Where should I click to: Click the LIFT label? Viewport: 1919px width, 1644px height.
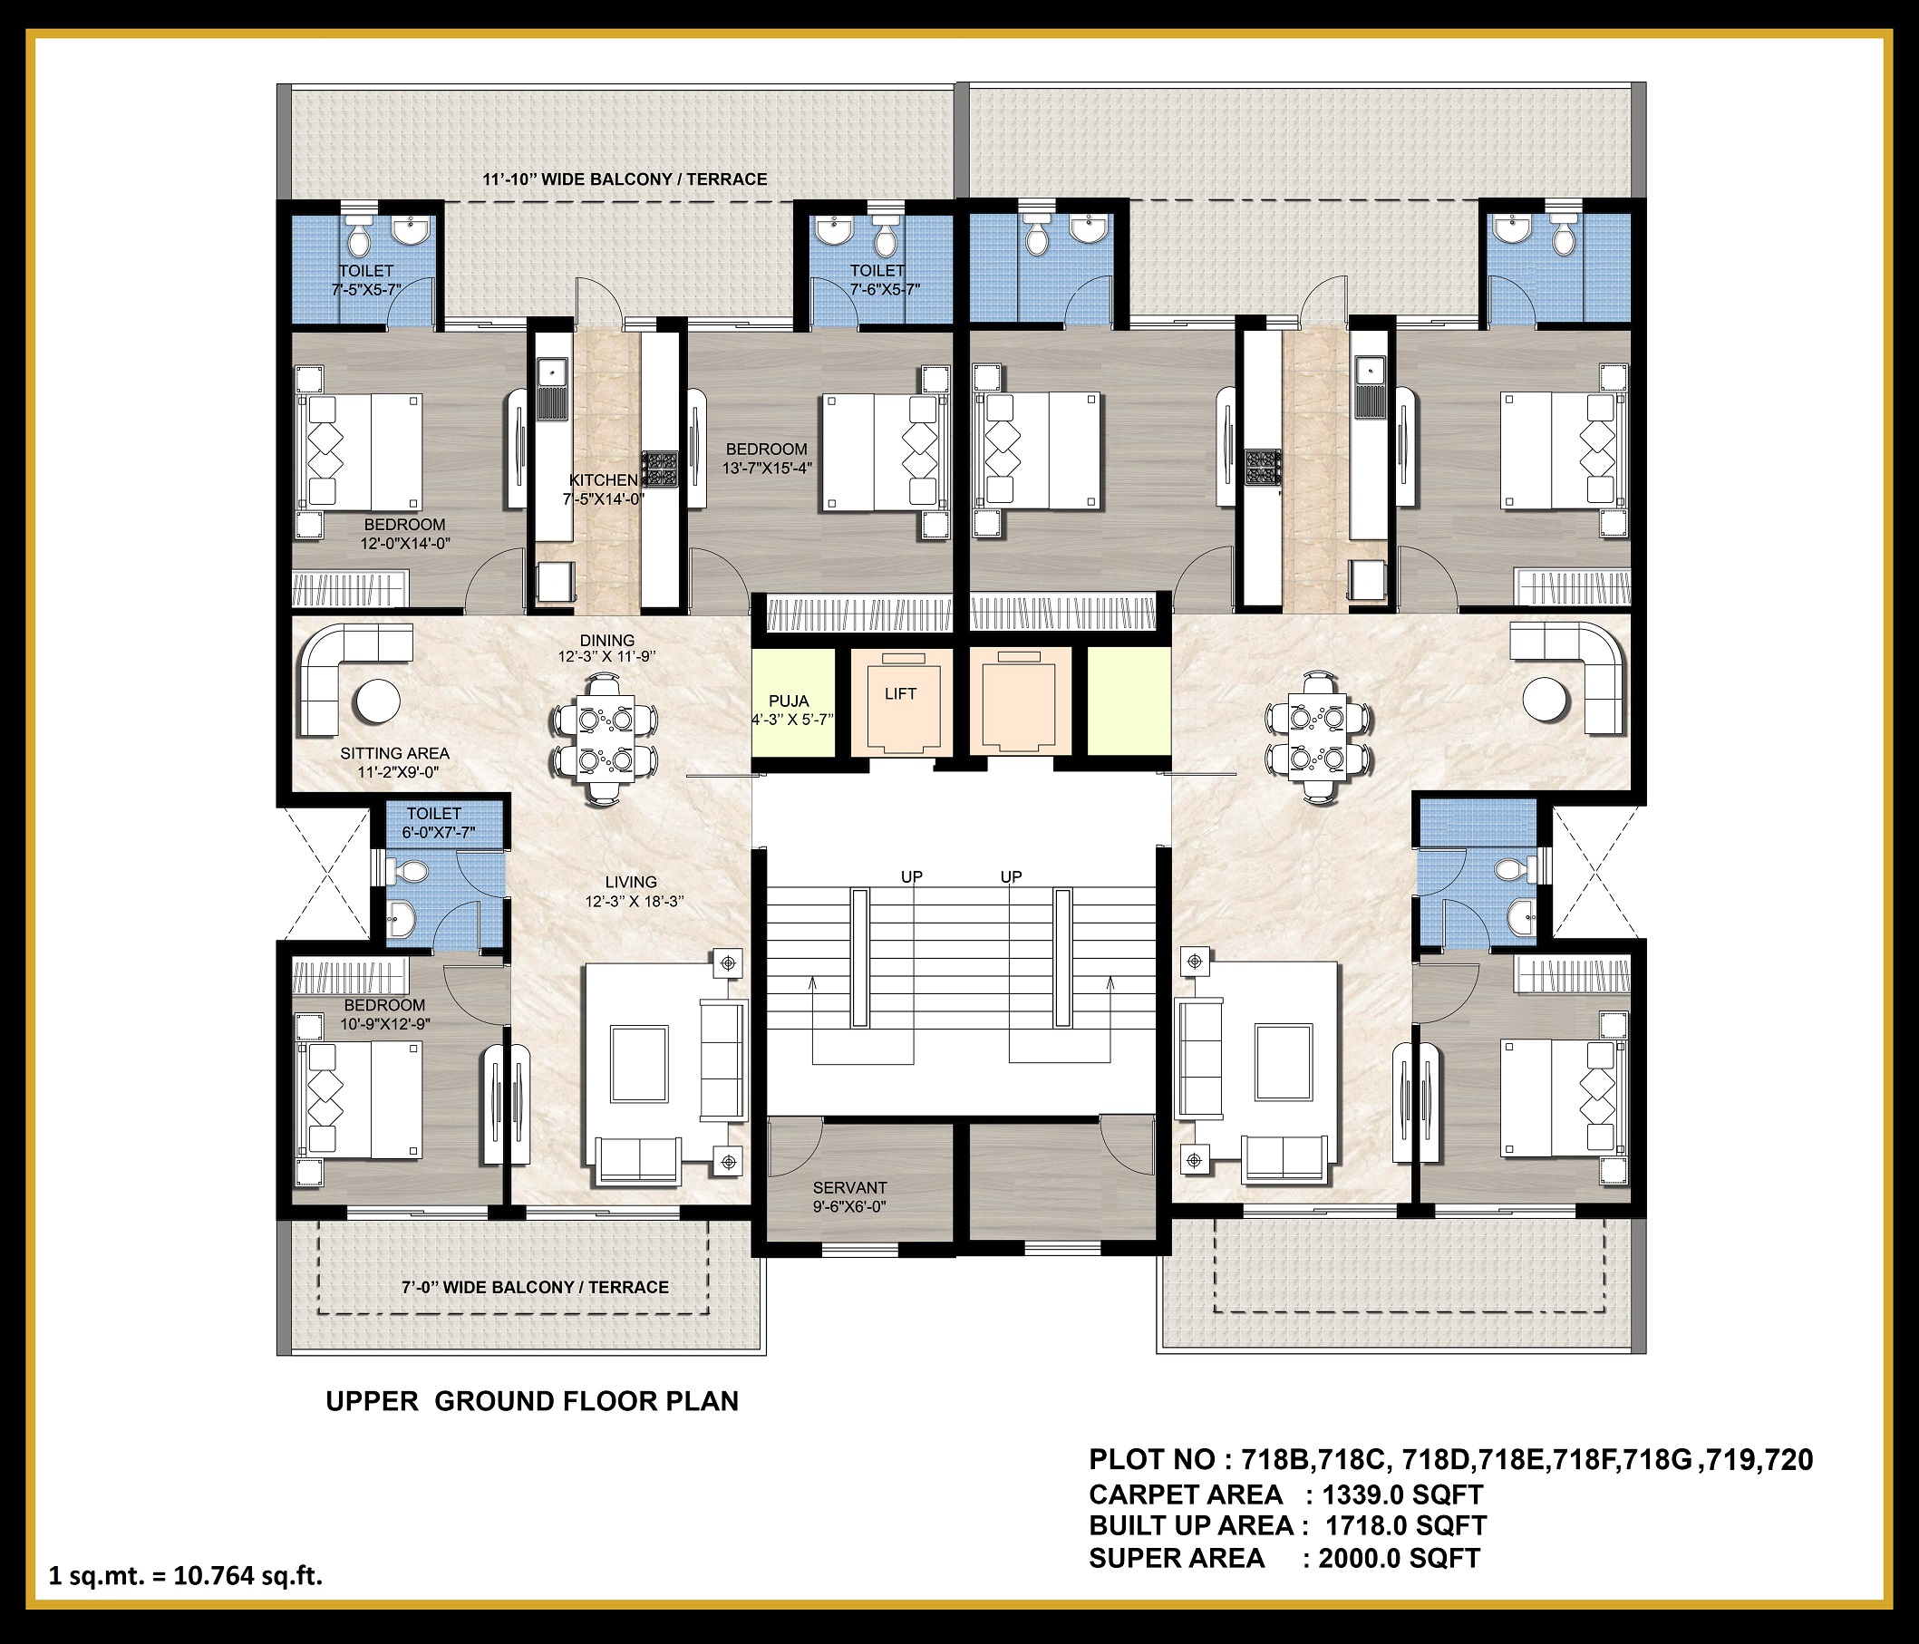pyautogui.click(x=900, y=693)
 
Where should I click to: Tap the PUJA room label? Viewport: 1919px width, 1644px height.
pyautogui.click(x=790, y=701)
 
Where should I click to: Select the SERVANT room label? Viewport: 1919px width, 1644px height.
pyautogui.click(x=850, y=1187)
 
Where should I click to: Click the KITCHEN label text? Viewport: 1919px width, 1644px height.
pyautogui.click(x=603, y=479)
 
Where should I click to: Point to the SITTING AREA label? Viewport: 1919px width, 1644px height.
pyautogui.click(x=394, y=753)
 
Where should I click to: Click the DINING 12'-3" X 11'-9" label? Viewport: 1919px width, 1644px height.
pyautogui.click(x=606, y=648)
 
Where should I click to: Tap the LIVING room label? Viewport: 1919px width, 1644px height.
pyautogui.click(x=632, y=882)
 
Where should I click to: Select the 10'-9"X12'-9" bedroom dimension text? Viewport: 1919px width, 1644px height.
pyautogui.click(x=385, y=1023)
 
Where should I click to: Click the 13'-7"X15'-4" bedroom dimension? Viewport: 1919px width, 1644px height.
pyautogui.click(x=767, y=468)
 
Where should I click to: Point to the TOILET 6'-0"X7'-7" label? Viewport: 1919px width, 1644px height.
pyautogui.click(x=438, y=823)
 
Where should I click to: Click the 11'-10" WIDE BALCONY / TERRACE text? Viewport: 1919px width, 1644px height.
pyautogui.click(x=625, y=179)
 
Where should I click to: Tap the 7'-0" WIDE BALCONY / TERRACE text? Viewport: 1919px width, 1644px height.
pyautogui.click(x=536, y=1287)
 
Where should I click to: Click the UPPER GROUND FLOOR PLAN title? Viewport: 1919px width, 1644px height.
pyautogui.click(x=532, y=1400)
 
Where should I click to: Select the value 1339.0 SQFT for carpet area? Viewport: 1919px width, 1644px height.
pyautogui.click(x=1403, y=1494)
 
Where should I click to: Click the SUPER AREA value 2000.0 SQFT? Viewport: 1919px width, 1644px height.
pyautogui.click(x=1400, y=1558)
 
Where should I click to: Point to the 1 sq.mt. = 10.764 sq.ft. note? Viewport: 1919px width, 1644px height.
pyautogui.click(x=185, y=1575)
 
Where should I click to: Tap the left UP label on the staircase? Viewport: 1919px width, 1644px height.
pyautogui.click(x=911, y=876)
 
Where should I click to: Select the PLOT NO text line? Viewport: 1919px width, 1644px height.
pyautogui.click(x=1451, y=1460)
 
